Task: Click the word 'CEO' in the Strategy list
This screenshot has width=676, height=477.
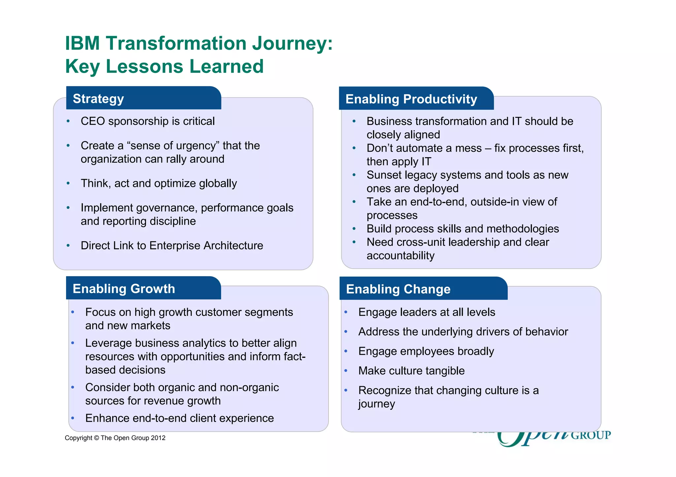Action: pyautogui.click(x=93, y=121)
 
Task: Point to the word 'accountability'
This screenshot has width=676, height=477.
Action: pyautogui.click(x=400, y=256)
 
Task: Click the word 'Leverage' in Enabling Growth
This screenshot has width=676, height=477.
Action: pyautogui.click(x=108, y=343)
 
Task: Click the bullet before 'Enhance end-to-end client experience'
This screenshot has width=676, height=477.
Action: pyautogui.click(x=73, y=418)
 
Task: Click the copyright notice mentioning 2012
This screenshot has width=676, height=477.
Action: pyautogui.click(x=115, y=438)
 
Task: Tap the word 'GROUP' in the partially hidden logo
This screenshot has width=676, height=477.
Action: pyautogui.click(x=591, y=435)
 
